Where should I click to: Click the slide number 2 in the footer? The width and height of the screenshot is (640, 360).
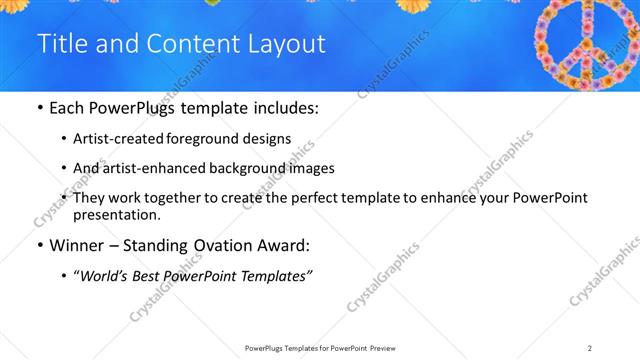(x=590, y=347)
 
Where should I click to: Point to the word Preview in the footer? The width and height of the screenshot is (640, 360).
(x=388, y=347)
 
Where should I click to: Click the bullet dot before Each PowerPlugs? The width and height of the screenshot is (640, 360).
(x=39, y=107)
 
